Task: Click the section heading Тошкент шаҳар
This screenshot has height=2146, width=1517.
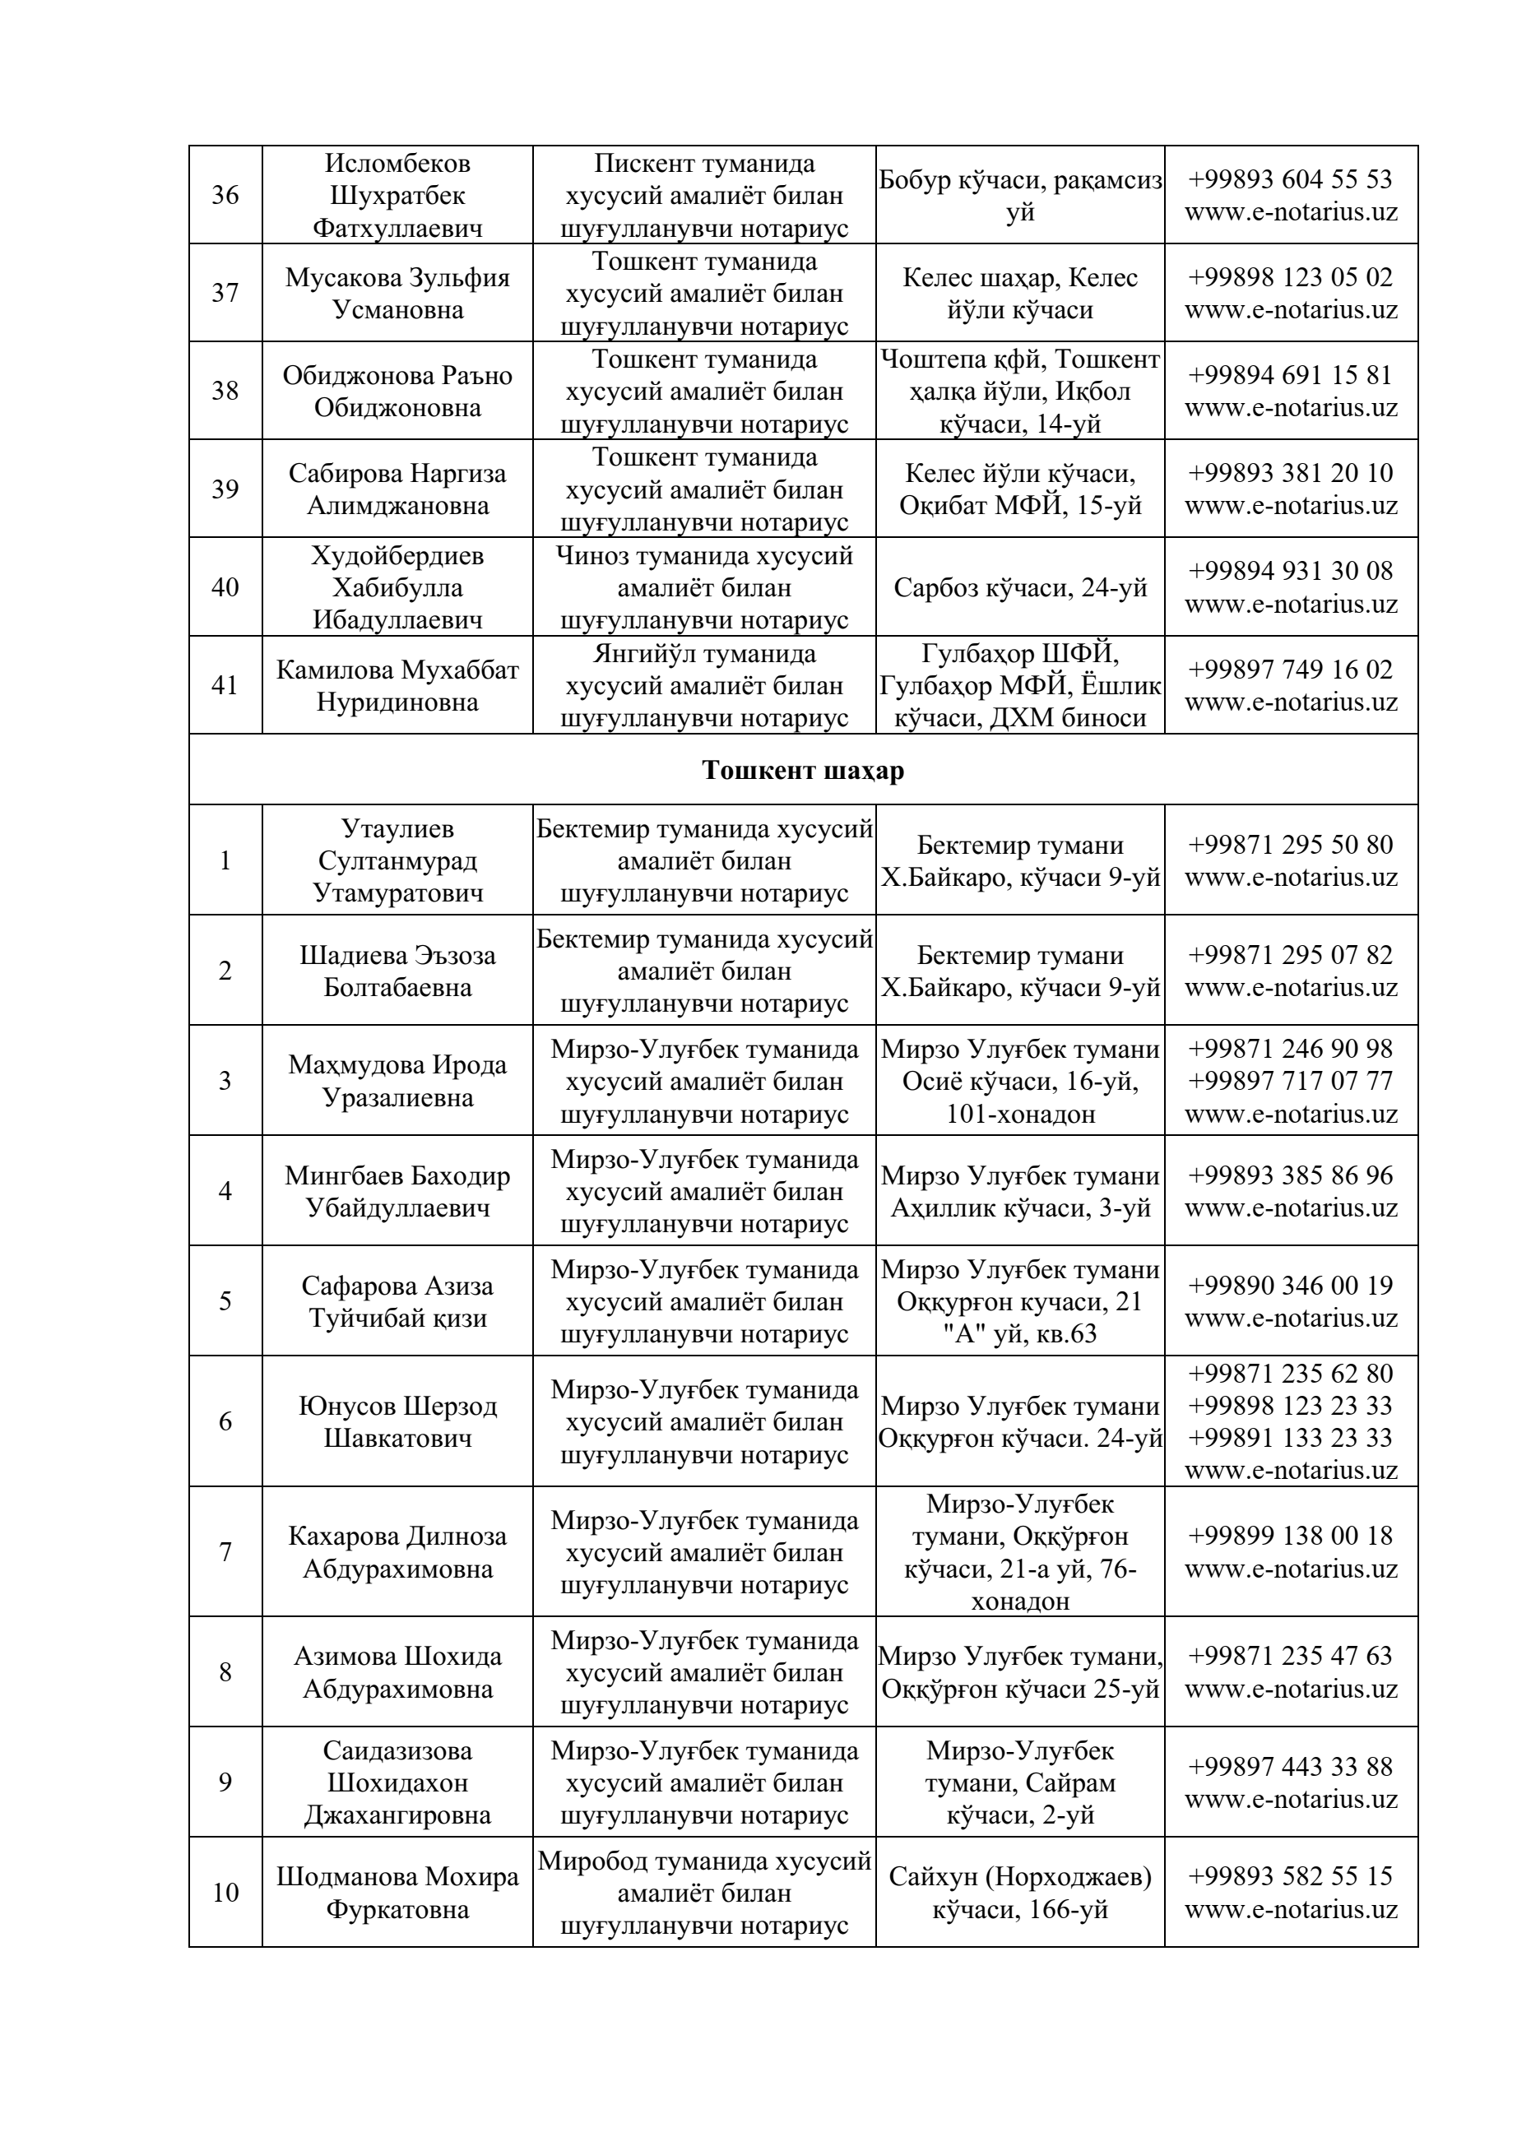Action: coord(802,770)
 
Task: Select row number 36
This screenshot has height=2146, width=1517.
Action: coord(225,195)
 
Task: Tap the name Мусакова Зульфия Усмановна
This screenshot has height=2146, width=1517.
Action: coord(397,294)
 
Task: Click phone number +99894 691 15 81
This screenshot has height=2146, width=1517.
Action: coord(1290,375)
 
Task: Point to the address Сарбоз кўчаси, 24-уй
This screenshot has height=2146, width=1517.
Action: coord(1020,588)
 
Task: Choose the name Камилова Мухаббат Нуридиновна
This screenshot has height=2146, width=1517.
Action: coord(397,686)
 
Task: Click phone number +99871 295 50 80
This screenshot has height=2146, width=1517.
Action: coord(1290,844)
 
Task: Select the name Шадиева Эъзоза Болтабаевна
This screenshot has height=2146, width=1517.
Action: coord(397,971)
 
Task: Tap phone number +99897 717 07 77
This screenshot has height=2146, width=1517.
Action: coord(1290,1082)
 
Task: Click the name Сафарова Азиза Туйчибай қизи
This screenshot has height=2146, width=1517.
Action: coord(397,1302)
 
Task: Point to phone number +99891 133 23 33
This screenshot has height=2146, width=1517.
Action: coord(1290,1438)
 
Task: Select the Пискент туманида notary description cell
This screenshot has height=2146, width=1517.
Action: coord(704,195)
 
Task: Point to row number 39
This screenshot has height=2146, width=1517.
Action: coord(225,489)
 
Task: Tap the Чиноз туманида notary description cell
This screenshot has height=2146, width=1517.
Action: coord(704,588)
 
